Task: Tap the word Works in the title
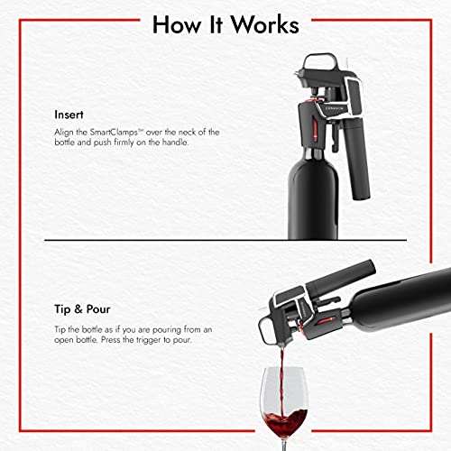point(266,23)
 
